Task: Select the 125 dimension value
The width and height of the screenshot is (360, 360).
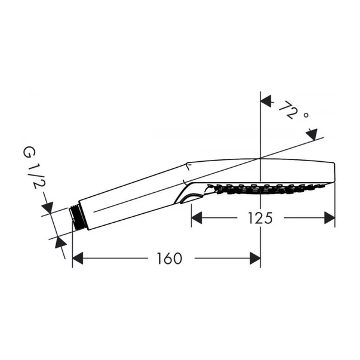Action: point(261,218)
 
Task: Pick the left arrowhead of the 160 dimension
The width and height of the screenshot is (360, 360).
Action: point(79,259)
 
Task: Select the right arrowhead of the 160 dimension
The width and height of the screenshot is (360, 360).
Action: point(254,259)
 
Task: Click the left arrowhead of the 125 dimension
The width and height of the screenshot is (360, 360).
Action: point(197,219)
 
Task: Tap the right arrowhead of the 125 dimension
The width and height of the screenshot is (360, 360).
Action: point(328,219)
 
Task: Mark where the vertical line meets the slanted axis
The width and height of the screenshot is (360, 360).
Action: point(261,158)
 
